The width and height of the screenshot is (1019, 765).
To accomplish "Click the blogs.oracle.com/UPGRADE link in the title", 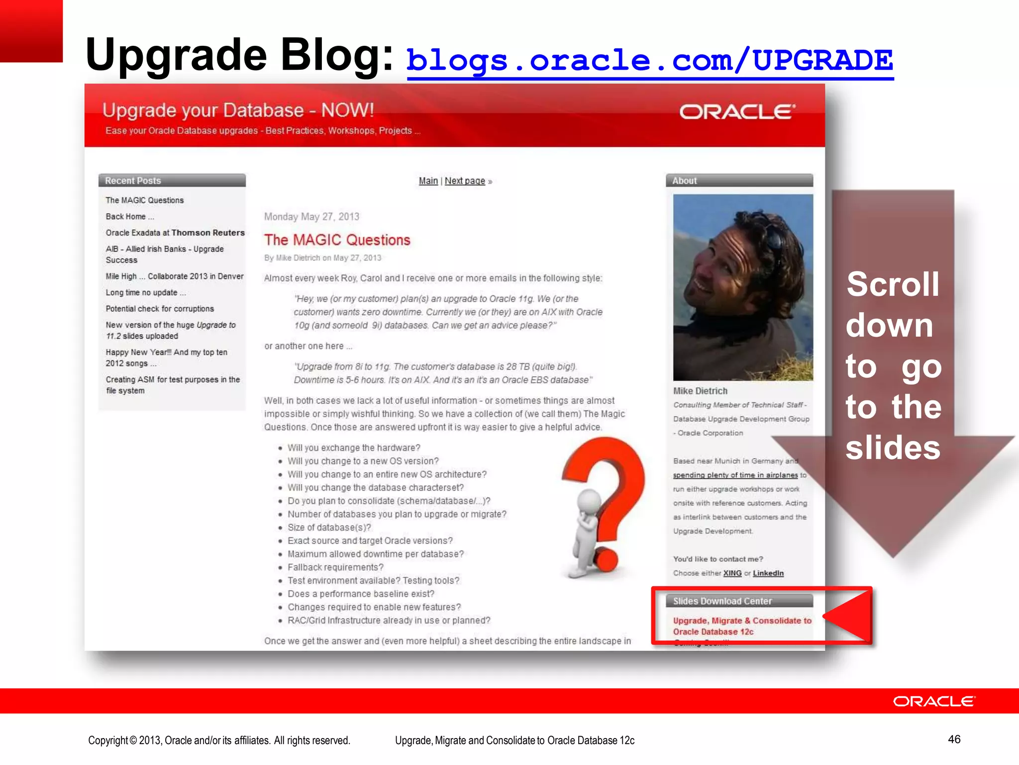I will pos(649,61).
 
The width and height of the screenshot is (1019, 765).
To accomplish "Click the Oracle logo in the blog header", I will pos(737,112).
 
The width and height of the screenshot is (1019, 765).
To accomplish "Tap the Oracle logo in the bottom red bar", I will pos(934,701).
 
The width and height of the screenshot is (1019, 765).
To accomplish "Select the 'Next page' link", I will pos(465,181).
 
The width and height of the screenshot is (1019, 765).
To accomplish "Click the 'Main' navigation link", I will pos(428,181).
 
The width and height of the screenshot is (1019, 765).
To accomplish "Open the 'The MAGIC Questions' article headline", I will pos(337,240).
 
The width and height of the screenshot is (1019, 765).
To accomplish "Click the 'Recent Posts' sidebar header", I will pos(133,181).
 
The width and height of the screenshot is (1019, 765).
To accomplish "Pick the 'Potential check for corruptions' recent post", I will pos(160,309).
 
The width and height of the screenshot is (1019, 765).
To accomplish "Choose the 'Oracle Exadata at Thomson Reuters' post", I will pos(175,233).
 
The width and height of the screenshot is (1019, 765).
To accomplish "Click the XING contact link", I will pos(732,573).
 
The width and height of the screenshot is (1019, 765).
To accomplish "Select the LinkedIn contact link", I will pos(768,573).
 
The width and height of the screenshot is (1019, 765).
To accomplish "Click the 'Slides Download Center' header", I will pos(722,601).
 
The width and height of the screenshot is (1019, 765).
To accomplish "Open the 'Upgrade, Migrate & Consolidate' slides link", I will pos(741,626).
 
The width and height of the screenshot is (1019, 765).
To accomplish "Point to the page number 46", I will pos(954,739).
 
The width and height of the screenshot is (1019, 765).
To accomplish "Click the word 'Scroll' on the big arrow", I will pos(893,284).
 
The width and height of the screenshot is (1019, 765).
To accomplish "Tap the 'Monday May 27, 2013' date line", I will pos(311,217).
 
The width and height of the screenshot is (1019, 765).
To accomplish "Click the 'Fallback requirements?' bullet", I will pos(335,567).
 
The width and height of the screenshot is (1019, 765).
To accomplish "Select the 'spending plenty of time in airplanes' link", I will pos(735,475).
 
